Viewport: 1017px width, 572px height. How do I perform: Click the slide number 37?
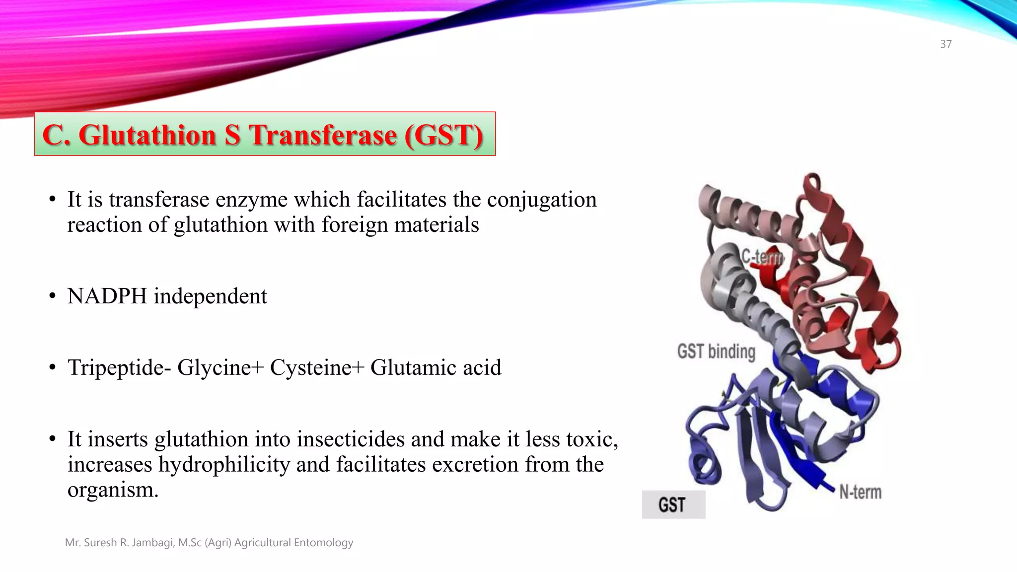click(x=945, y=44)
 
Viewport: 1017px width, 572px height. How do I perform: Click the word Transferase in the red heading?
click(x=323, y=135)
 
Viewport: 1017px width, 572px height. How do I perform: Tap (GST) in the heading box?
click(x=443, y=135)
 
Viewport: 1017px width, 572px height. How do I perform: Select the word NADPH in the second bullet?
click(x=107, y=296)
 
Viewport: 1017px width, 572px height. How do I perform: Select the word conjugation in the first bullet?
click(x=542, y=200)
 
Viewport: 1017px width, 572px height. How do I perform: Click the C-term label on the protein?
click(x=762, y=257)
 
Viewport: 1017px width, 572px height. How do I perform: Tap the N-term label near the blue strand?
click(x=860, y=492)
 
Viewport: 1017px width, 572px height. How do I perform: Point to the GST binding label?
click(x=716, y=352)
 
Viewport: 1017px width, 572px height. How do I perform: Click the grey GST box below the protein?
click(x=673, y=504)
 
